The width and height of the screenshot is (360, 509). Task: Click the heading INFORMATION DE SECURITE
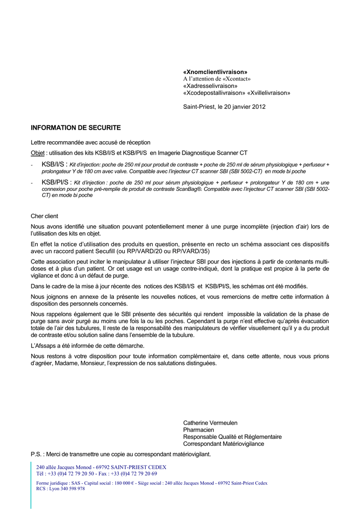click(x=76, y=128)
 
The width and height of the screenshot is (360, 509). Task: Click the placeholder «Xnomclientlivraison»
click(x=215, y=72)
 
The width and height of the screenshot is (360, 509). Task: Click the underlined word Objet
click(x=38, y=153)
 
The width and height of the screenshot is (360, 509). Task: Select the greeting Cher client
click(x=44, y=216)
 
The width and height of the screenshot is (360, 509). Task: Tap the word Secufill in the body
click(x=114, y=251)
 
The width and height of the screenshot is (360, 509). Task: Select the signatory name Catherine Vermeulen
click(x=210, y=423)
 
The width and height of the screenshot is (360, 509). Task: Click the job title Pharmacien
click(x=198, y=430)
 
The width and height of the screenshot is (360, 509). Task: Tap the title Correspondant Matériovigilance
click(x=223, y=444)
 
